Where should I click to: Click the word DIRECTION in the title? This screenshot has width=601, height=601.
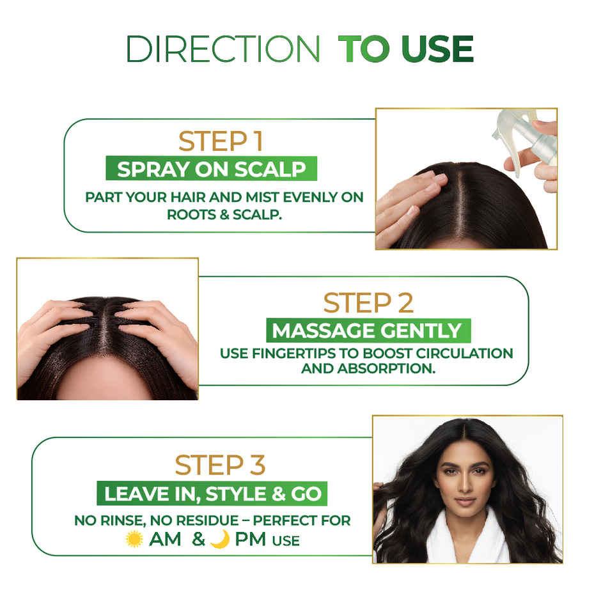click(223, 49)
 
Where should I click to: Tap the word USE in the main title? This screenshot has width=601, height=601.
click(435, 49)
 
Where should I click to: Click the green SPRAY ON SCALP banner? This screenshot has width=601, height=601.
click(212, 169)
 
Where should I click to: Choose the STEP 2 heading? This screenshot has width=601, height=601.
click(368, 302)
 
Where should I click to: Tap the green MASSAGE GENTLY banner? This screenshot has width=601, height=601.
click(368, 331)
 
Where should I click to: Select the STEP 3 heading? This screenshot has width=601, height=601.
click(221, 465)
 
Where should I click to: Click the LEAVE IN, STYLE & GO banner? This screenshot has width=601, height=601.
click(212, 494)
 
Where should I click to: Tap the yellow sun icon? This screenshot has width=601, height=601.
click(134, 539)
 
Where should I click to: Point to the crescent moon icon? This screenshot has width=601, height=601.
click(219, 539)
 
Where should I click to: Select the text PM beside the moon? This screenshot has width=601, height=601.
click(250, 540)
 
